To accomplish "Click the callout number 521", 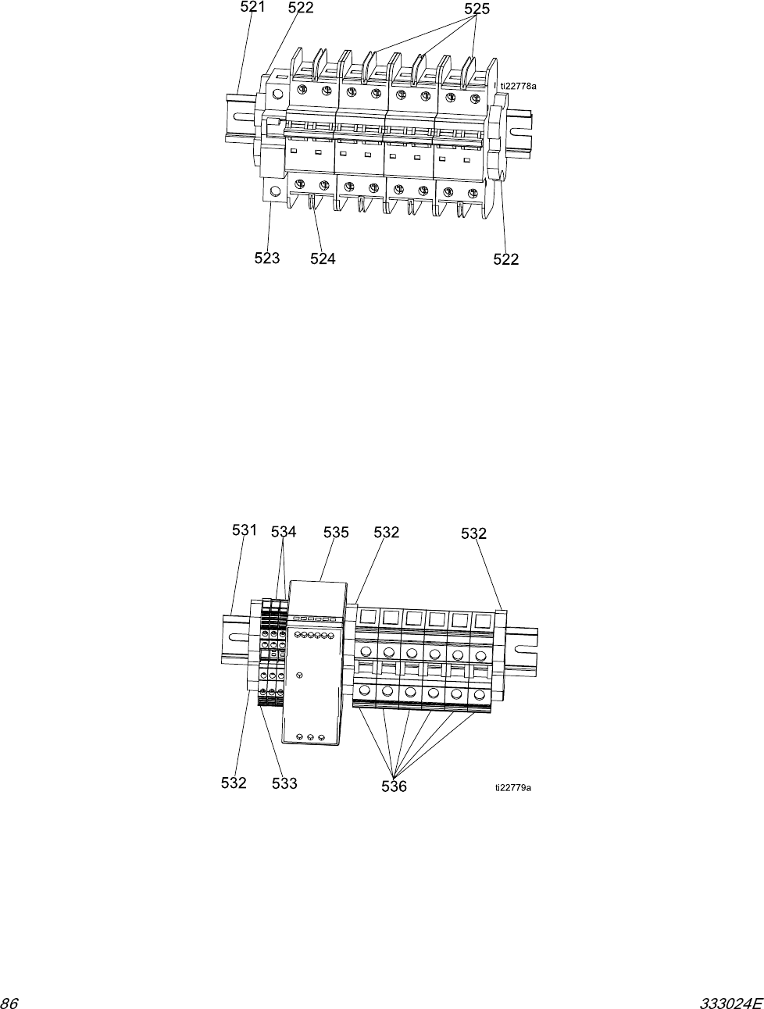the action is tap(252, 8).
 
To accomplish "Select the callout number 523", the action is tap(267, 258).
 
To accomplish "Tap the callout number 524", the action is tap(323, 258).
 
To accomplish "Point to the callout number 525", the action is tap(477, 9).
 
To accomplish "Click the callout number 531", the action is tap(245, 530).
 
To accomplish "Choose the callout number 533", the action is tap(284, 783).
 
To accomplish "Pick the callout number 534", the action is tap(284, 532).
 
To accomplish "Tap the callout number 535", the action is tap(336, 532).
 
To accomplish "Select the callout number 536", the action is tap(394, 786).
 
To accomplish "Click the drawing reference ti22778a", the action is tap(519, 87).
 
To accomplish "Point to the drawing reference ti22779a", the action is tap(512, 788).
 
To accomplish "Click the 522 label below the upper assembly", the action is tap(506, 259).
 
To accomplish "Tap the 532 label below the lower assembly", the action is tap(234, 783).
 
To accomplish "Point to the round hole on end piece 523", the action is tap(274, 191).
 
